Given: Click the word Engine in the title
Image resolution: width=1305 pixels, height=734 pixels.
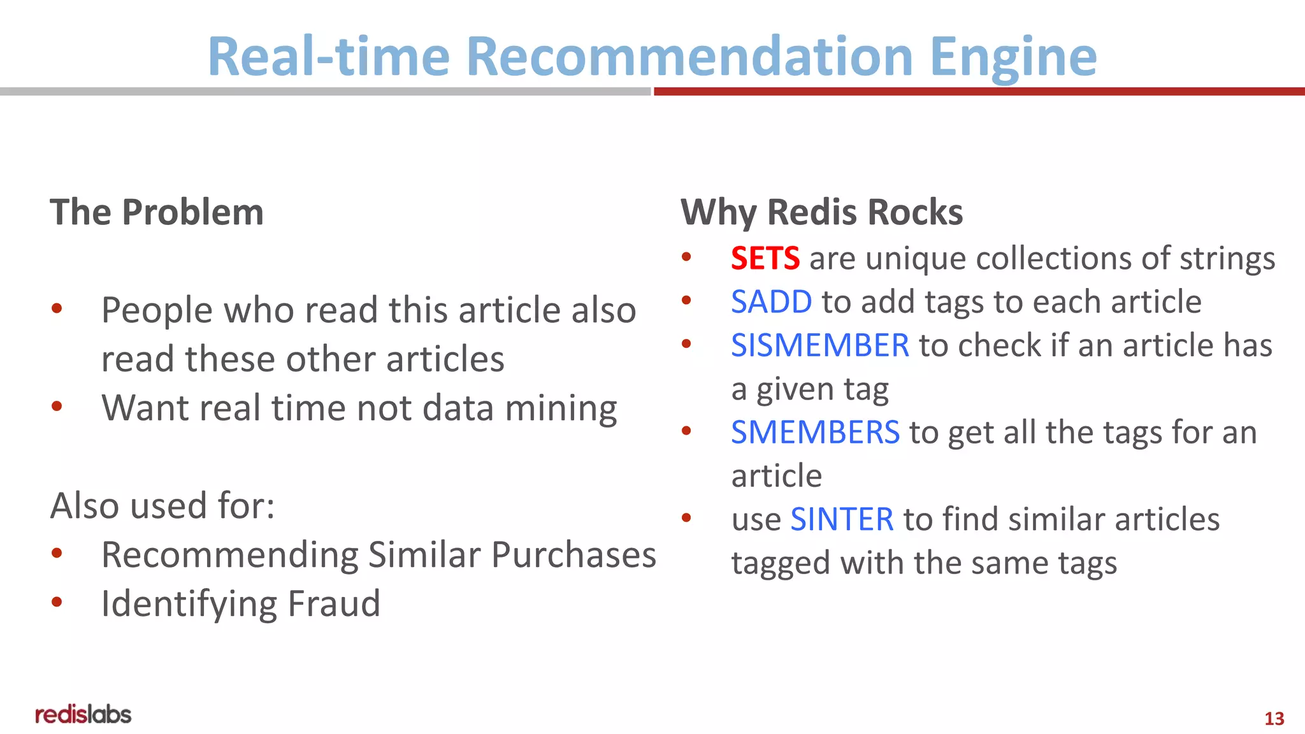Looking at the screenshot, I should pos(1013,57).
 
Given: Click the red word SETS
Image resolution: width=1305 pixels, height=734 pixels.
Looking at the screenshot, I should pos(765,259).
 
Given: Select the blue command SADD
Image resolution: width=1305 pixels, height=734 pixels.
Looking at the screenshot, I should pos(771,302).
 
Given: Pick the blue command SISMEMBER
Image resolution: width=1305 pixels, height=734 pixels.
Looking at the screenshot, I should pos(820,345).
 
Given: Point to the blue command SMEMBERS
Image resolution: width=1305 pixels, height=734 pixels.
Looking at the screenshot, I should pos(815,433).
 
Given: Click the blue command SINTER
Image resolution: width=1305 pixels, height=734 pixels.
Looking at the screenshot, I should pos(842,519).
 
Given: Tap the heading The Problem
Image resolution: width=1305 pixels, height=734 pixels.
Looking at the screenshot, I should pos(157,212).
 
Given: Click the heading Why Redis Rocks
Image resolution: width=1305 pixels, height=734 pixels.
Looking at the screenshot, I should pos(821,212).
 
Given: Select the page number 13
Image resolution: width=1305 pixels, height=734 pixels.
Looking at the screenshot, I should pos(1274,719).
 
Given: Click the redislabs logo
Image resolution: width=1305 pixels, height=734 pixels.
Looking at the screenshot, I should pos(83,714).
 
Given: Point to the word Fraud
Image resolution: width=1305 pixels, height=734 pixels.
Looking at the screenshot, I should pos(334,604).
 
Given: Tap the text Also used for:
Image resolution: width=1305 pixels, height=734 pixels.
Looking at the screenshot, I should pos(162,506).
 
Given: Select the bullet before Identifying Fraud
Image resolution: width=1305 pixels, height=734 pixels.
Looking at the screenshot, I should pos(57,602).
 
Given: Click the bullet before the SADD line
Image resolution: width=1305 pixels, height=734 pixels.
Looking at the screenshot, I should pos(686,300).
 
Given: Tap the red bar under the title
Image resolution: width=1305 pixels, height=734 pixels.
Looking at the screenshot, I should pos(979,92).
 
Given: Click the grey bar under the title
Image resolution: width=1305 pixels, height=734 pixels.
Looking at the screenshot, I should pos(325,92).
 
